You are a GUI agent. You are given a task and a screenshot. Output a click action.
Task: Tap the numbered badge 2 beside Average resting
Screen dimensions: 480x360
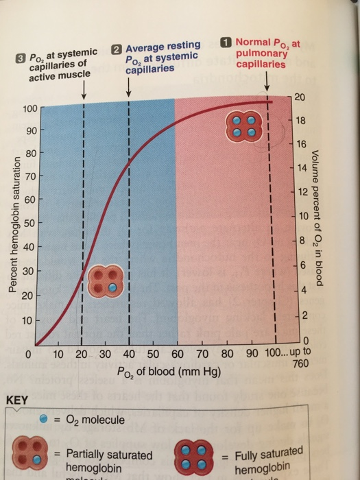pyautogui.click(x=117, y=49)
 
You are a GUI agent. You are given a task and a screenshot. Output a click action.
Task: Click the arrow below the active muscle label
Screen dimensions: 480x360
pyautogui.click(x=83, y=88)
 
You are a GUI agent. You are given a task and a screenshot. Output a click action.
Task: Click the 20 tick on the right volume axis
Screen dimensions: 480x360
pyautogui.click(x=298, y=96)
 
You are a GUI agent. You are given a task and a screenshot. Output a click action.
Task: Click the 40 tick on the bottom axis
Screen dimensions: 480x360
pyautogui.click(x=129, y=355)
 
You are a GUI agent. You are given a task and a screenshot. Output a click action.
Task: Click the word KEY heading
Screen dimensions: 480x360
pyautogui.click(x=16, y=399)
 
